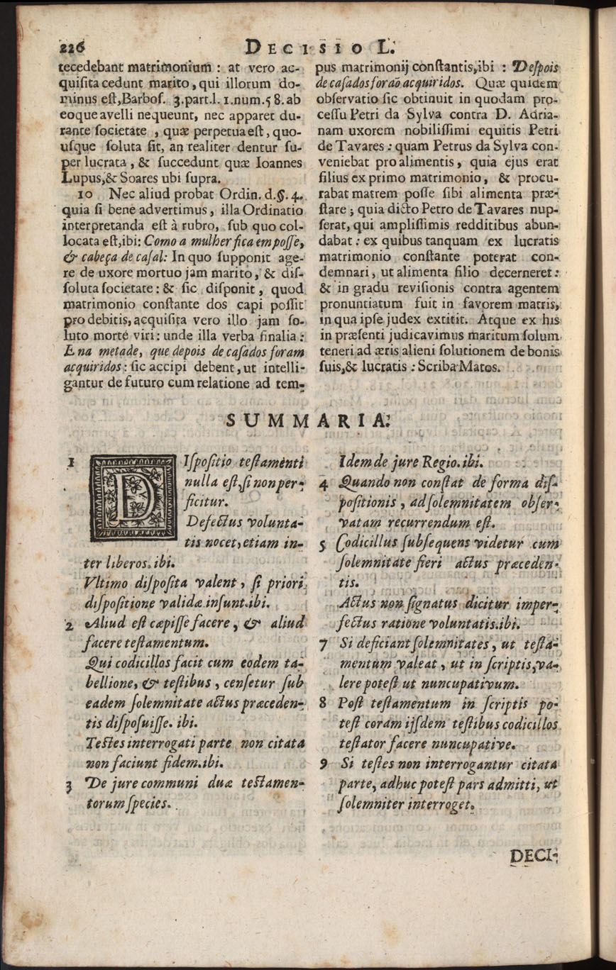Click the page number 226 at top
[x=72, y=47]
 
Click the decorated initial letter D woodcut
[x=126, y=502]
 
